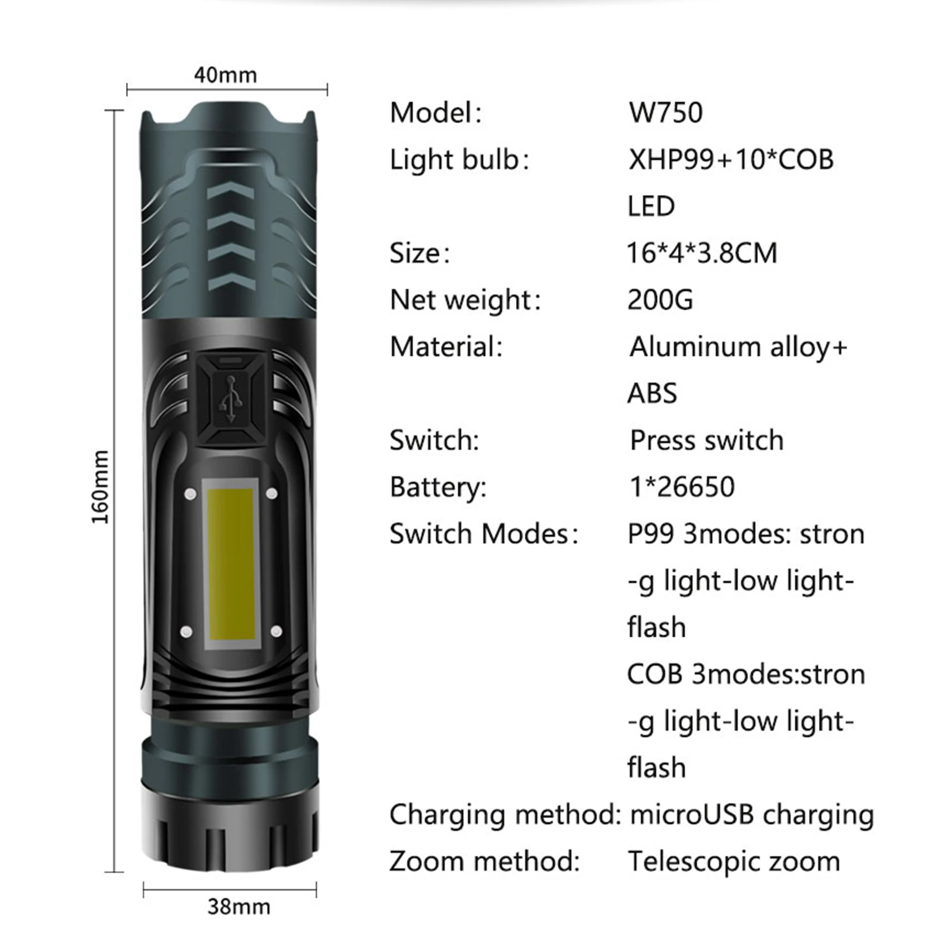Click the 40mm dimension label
(x=225, y=75)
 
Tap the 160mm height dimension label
(x=101, y=487)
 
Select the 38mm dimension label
(x=238, y=906)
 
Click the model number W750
(x=666, y=112)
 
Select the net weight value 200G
(x=660, y=300)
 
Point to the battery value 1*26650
(x=682, y=487)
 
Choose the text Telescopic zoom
(x=734, y=861)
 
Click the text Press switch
(x=707, y=440)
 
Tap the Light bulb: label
(x=459, y=159)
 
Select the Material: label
(x=446, y=347)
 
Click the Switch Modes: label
(x=484, y=534)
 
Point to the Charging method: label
(x=505, y=814)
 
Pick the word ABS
(x=652, y=393)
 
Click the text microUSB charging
(x=752, y=814)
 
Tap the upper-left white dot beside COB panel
(x=191, y=494)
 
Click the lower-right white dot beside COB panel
(x=276, y=631)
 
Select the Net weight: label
(x=465, y=300)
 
